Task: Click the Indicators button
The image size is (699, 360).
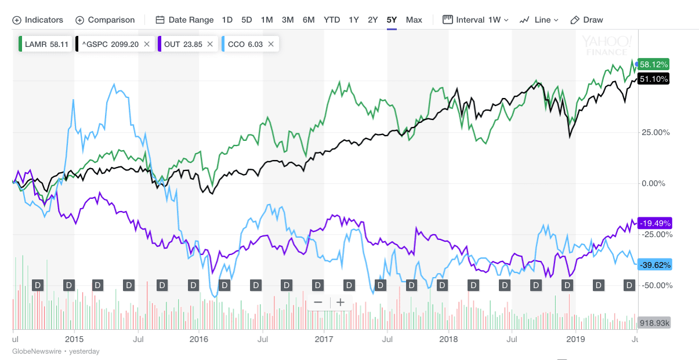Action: [x=38, y=20]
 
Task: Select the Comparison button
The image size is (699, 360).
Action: [x=105, y=20]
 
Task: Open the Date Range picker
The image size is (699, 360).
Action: [x=185, y=20]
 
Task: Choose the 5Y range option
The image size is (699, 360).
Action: [x=392, y=20]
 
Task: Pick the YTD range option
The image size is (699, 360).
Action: [x=332, y=20]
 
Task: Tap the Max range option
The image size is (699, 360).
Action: [x=414, y=20]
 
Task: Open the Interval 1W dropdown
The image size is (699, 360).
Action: [x=476, y=20]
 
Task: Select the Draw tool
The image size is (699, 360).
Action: [x=587, y=20]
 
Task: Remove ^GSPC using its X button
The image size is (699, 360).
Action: [x=147, y=44]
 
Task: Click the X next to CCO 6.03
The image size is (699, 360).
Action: [x=271, y=44]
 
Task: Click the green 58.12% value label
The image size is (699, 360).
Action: [x=654, y=64]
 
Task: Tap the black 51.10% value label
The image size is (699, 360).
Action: [x=654, y=79]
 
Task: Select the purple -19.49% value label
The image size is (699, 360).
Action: [x=654, y=223]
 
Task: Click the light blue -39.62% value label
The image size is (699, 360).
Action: [x=654, y=265]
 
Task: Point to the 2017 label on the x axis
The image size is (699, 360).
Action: [x=324, y=339]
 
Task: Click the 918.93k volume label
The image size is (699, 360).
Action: [x=654, y=323]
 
